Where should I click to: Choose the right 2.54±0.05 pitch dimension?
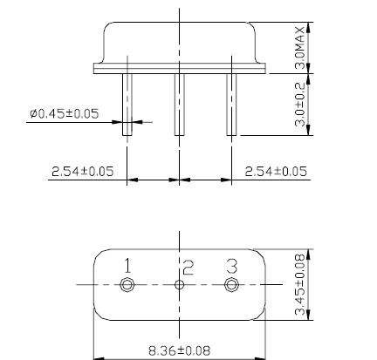click(x=276, y=172)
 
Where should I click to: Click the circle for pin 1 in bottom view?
click(x=128, y=285)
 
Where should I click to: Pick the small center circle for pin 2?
click(x=180, y=285)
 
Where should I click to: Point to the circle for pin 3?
click(x=231, y=285)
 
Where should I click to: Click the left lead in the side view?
click(x=128, y=103)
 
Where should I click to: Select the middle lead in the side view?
click(x=180, y=103)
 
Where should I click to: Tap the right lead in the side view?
click(x=231, y=103)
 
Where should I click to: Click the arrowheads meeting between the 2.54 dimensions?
click(x=180, y=180)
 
